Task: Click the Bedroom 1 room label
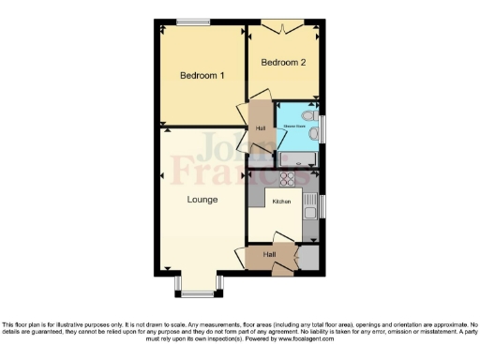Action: click(x=202, y=75)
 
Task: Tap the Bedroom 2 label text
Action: click(x=282, y=64)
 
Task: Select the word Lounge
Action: click(x=202, y=200)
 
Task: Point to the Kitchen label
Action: click(x=281, y=202)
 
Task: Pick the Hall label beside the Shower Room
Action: click(x=261, y=128)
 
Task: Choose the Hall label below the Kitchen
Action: click(x=270, y=254)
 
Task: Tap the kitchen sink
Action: click(x=309, y=212)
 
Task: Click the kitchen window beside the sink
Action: click(x=322, y=206)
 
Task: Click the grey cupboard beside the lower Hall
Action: click(x=307, y=258)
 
